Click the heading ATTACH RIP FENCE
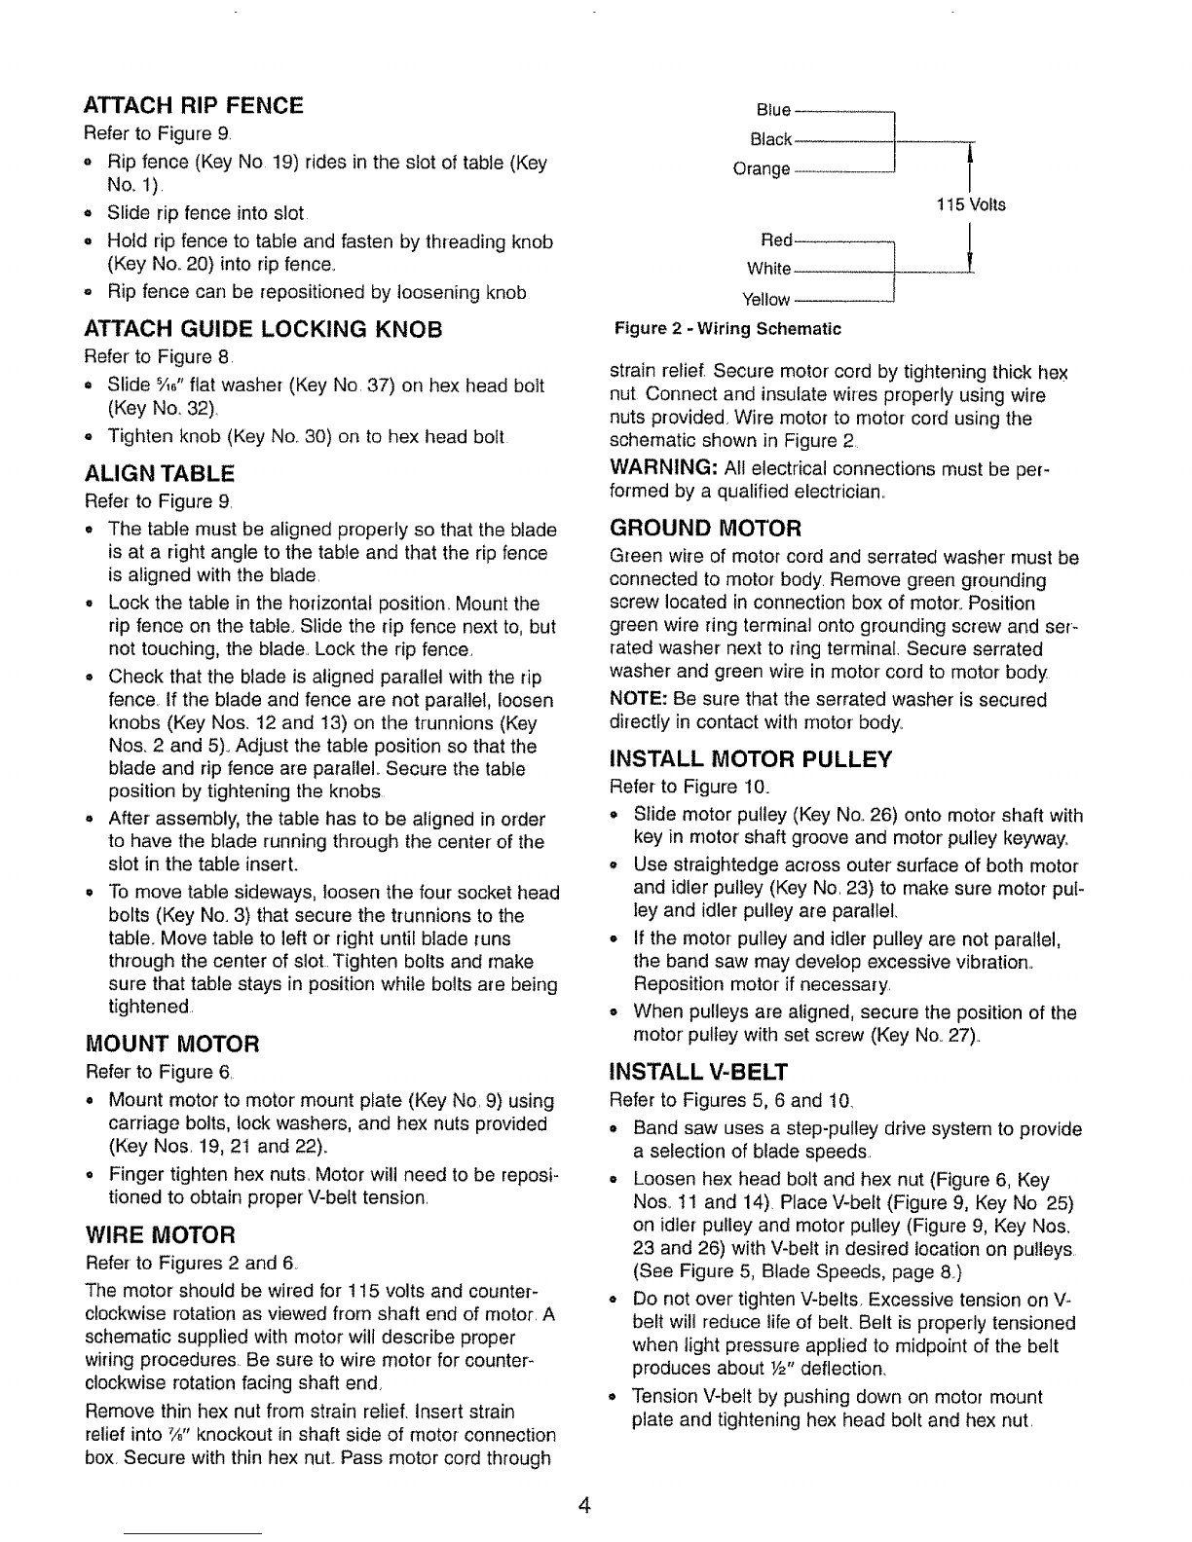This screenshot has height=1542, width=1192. [x=195, y=105]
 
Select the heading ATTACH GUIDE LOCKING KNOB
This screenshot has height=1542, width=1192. [x=264, y=330]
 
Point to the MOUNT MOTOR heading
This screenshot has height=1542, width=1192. [x=173, y=1045]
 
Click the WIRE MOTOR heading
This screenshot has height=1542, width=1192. [x=162, y=1235]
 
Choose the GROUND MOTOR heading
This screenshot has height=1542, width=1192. [x=705, y=530]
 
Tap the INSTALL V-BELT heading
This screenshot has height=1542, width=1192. [x=697, y=1073]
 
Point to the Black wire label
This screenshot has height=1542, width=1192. [x=774, y=138]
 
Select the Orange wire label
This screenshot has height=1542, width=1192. [x=761, y=169]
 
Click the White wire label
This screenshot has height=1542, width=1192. [x=769, y=269]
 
